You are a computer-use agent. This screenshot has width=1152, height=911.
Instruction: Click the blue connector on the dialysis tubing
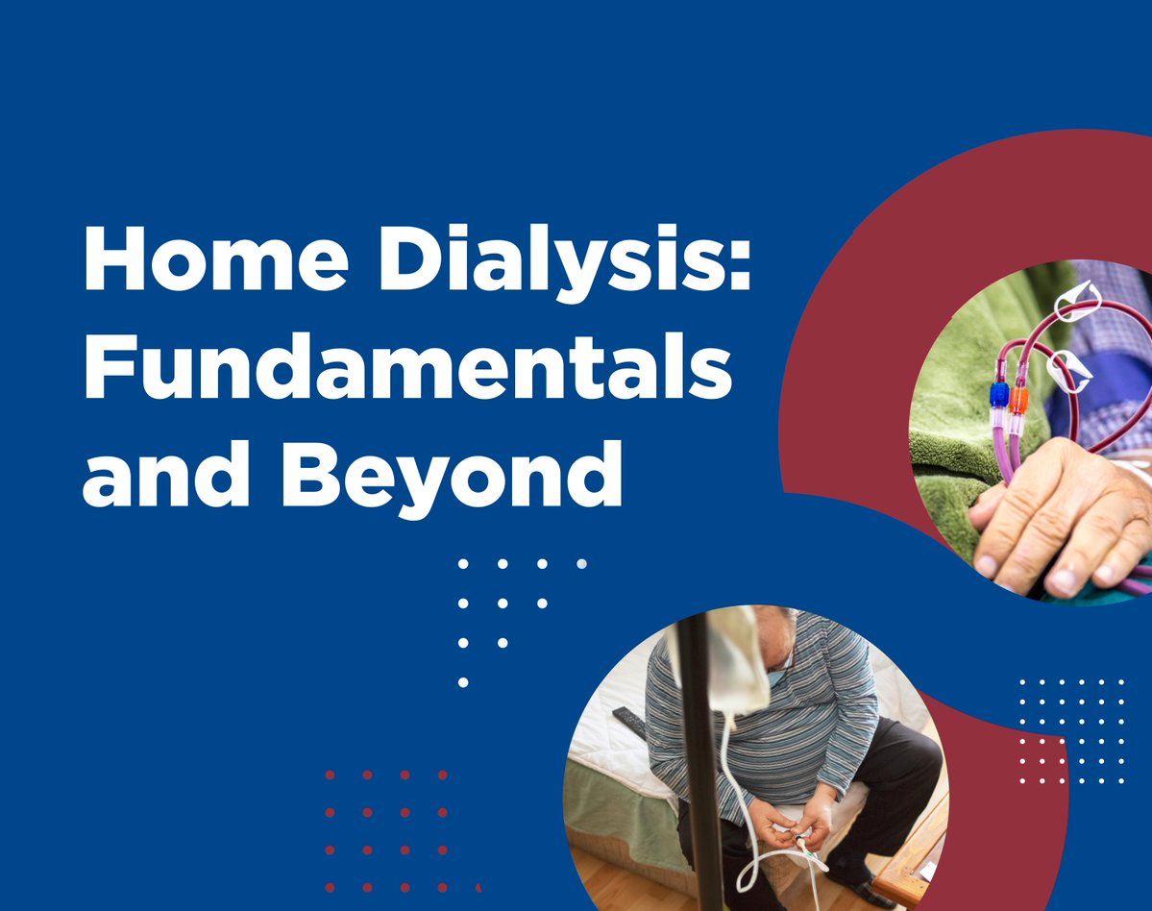click(999, 395)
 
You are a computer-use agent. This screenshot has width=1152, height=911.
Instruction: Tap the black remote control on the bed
click(630, 721)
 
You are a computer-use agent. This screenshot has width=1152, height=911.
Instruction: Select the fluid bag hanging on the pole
click(735, 663)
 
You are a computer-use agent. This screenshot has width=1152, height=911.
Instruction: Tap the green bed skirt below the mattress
click(615, 798)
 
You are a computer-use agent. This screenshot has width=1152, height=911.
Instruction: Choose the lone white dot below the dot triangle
click(463, 682)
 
